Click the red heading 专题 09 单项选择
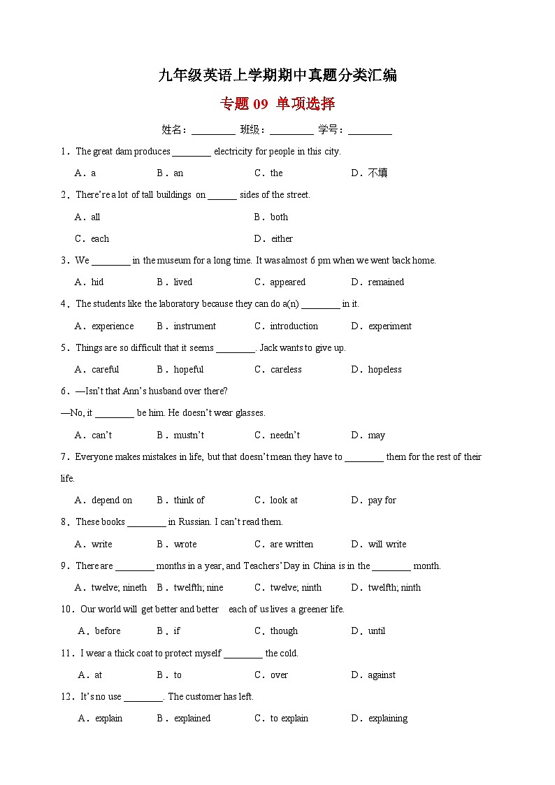point(277,104)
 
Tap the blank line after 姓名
point(213,130)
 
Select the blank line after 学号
point(370,130)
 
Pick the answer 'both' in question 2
point(280,217)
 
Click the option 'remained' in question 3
point(386,282)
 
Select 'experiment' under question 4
point(390,326)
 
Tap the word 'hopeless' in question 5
point(385,370)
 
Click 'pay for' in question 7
point(382,500)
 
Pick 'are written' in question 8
point(291,544)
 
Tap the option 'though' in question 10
point(284,631)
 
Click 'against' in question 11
point(382,675)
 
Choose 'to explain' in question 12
point(289,719)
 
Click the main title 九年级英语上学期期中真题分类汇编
point(277,75)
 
